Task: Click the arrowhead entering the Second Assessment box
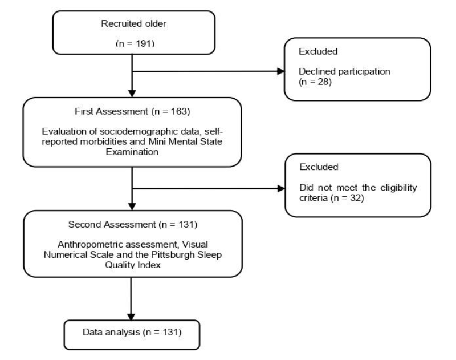[x=132, y=207]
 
